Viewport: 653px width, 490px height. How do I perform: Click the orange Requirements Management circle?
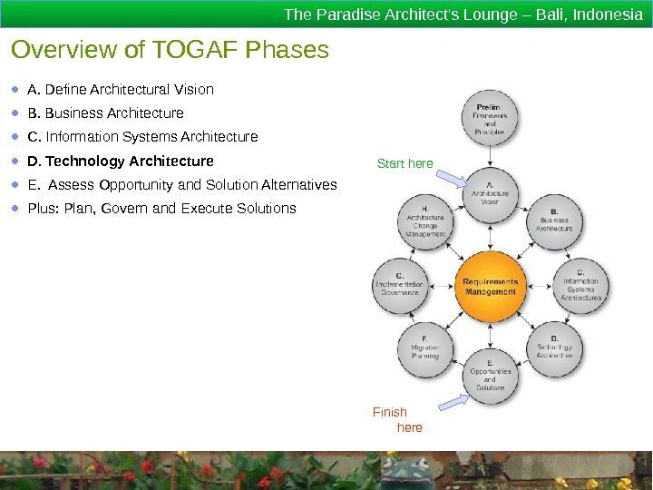[x=490, y=288]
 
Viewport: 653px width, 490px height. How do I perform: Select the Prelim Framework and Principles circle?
[x=490, y=119]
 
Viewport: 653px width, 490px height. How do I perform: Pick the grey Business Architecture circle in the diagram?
[x=554, y=221]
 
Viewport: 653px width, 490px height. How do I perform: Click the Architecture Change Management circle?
[x=425, y=221]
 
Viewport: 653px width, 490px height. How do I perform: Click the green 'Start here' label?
[x=404, y=163]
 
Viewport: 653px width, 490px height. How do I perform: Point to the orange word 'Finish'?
[x=390, y=412]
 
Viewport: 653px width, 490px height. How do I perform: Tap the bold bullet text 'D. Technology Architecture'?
[x=121, y=162]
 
